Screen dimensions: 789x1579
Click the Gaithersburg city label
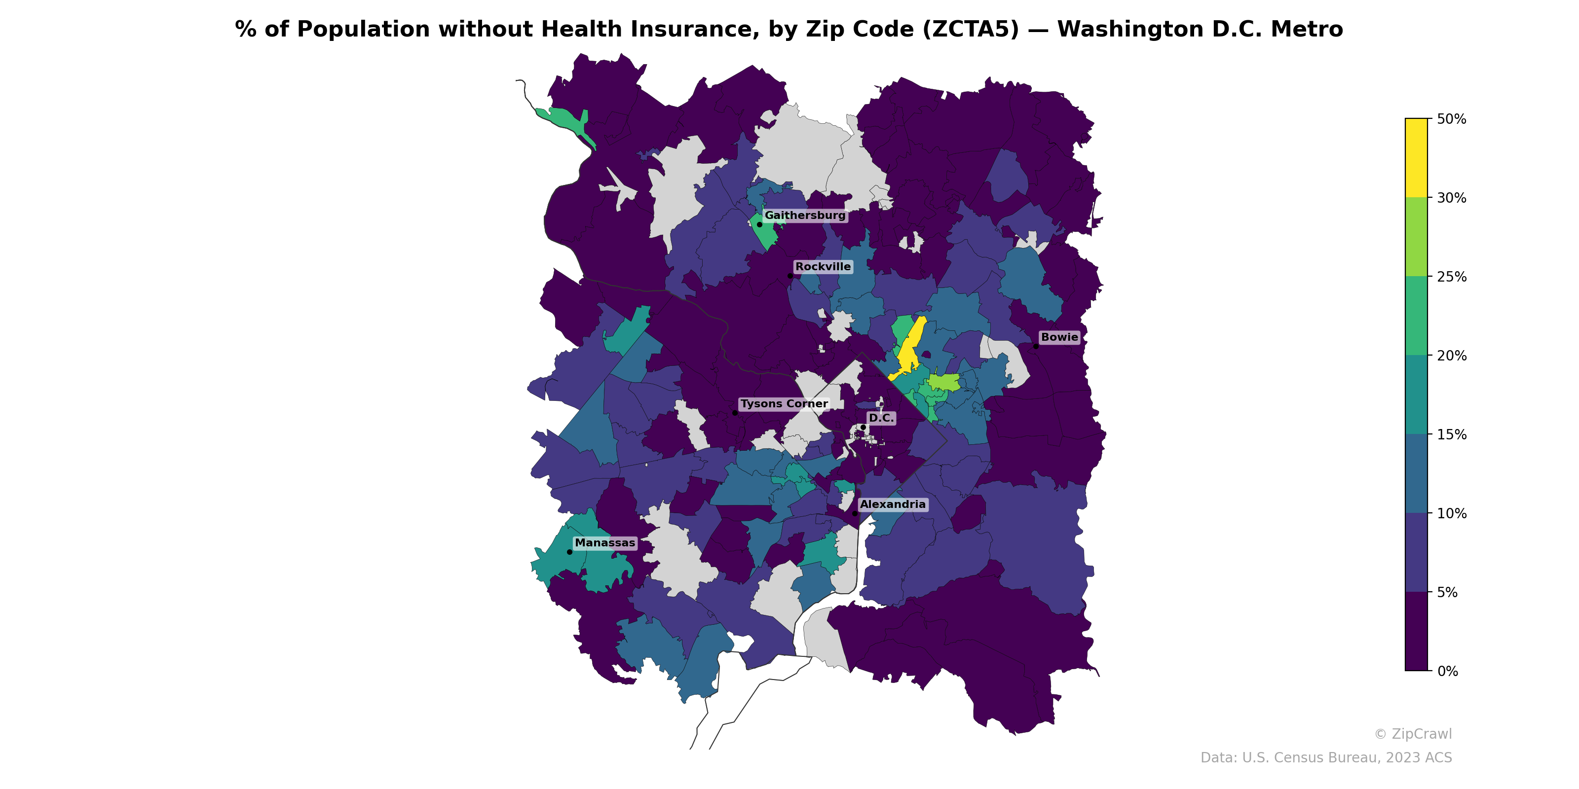(805, 215)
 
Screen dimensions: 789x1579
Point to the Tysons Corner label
(784, 404)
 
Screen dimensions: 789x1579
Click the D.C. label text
(881, 418)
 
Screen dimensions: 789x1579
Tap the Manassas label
(604, 543)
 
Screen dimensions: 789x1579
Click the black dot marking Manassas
(569, 552)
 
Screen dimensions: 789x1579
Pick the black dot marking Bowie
(1036, 346)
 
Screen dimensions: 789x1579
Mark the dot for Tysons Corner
(734, 413)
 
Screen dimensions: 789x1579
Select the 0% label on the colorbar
(1447, 671)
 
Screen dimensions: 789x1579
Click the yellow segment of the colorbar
(1416, 158)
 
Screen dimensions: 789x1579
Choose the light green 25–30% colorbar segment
(1416, 237)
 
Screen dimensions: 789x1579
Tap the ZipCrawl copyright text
(1413, 734)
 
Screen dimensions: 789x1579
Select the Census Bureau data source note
(1326, 758)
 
